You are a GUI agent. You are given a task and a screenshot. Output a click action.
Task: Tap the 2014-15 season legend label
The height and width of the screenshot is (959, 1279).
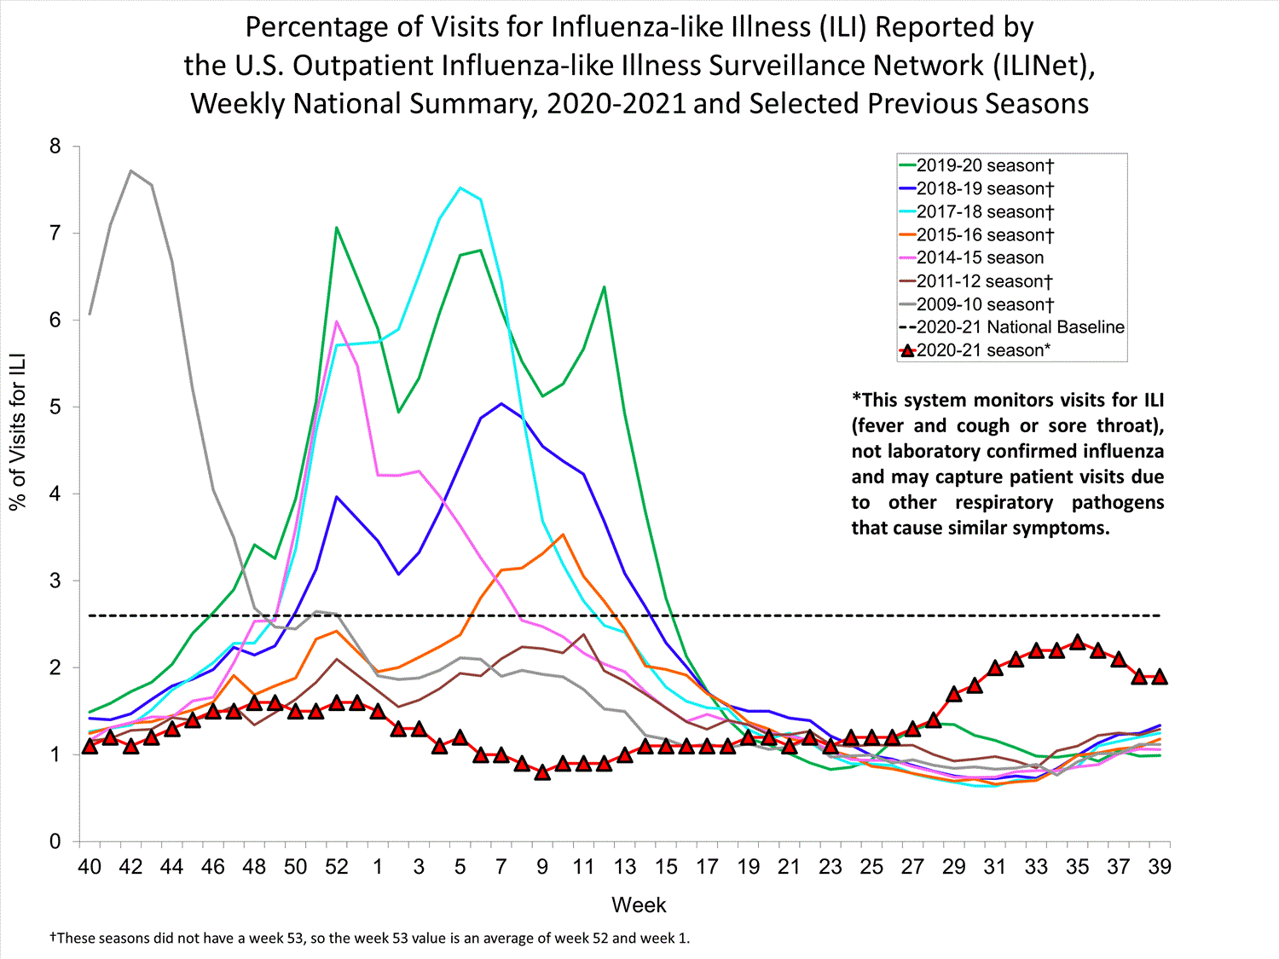[980, 257]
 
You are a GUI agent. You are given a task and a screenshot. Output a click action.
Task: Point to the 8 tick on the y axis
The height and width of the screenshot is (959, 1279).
[55, 147]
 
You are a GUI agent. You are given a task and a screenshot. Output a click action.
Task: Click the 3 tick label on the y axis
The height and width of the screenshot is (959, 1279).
[55, 581]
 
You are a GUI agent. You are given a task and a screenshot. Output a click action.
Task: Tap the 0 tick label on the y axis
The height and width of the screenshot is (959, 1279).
[55, 842]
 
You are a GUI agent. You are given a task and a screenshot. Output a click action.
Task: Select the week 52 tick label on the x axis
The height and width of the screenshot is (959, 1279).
[337, 867]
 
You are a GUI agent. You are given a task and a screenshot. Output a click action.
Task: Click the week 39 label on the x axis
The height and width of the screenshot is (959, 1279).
[1160, 867]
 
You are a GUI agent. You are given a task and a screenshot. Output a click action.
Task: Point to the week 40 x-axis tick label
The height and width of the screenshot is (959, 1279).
[90, 867]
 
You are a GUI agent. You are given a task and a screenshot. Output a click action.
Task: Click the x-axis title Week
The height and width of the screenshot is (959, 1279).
[639, 905]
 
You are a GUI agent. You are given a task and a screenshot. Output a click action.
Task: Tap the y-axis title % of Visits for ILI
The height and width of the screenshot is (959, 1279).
[18, 431]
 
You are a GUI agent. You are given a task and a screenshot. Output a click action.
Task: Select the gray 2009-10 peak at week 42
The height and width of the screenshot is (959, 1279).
[130, 170]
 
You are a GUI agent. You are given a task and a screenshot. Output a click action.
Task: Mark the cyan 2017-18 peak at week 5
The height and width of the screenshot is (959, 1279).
[460, 188]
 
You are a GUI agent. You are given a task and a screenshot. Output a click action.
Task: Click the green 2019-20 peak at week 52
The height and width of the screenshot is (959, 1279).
[337, 228]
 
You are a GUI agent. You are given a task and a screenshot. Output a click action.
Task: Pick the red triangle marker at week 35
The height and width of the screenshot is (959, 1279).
[1078, 642]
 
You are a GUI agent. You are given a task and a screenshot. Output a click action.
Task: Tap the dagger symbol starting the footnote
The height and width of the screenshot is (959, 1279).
[53, 938]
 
